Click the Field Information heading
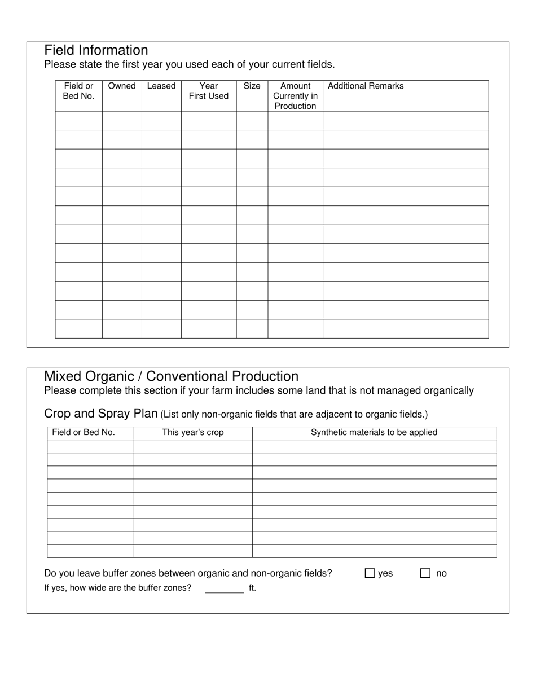(x=96, y=50)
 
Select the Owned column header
(x=122, y=86)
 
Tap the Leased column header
(x=161, y=86)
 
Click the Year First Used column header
(x=209, y=91)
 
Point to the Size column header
(x=252, y=86)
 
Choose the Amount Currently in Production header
(x=295, y=96)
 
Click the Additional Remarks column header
(x=366, y=86)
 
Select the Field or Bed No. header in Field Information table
(x=78, y=91)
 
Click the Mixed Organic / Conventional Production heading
(x=171, y=376)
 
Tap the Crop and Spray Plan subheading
(x=100, y=414)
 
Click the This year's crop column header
(x=193, y=433)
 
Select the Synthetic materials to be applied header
(x=374, y=433)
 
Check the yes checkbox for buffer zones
(x=370, y=573)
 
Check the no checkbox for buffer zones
(x=425, y=573)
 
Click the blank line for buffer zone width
(x=225, y=589)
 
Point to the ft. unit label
(x=252, y=588)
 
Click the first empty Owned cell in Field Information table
(x=122, y=121)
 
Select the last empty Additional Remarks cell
(x=405, y=328)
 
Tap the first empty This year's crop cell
(x=193, y=446)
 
